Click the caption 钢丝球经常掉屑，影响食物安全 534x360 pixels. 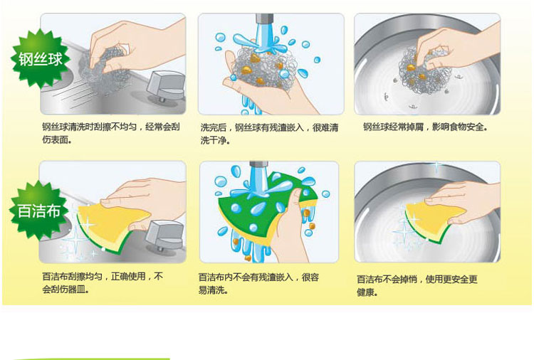(425, 127)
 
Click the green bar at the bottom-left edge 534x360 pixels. (93, 358)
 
